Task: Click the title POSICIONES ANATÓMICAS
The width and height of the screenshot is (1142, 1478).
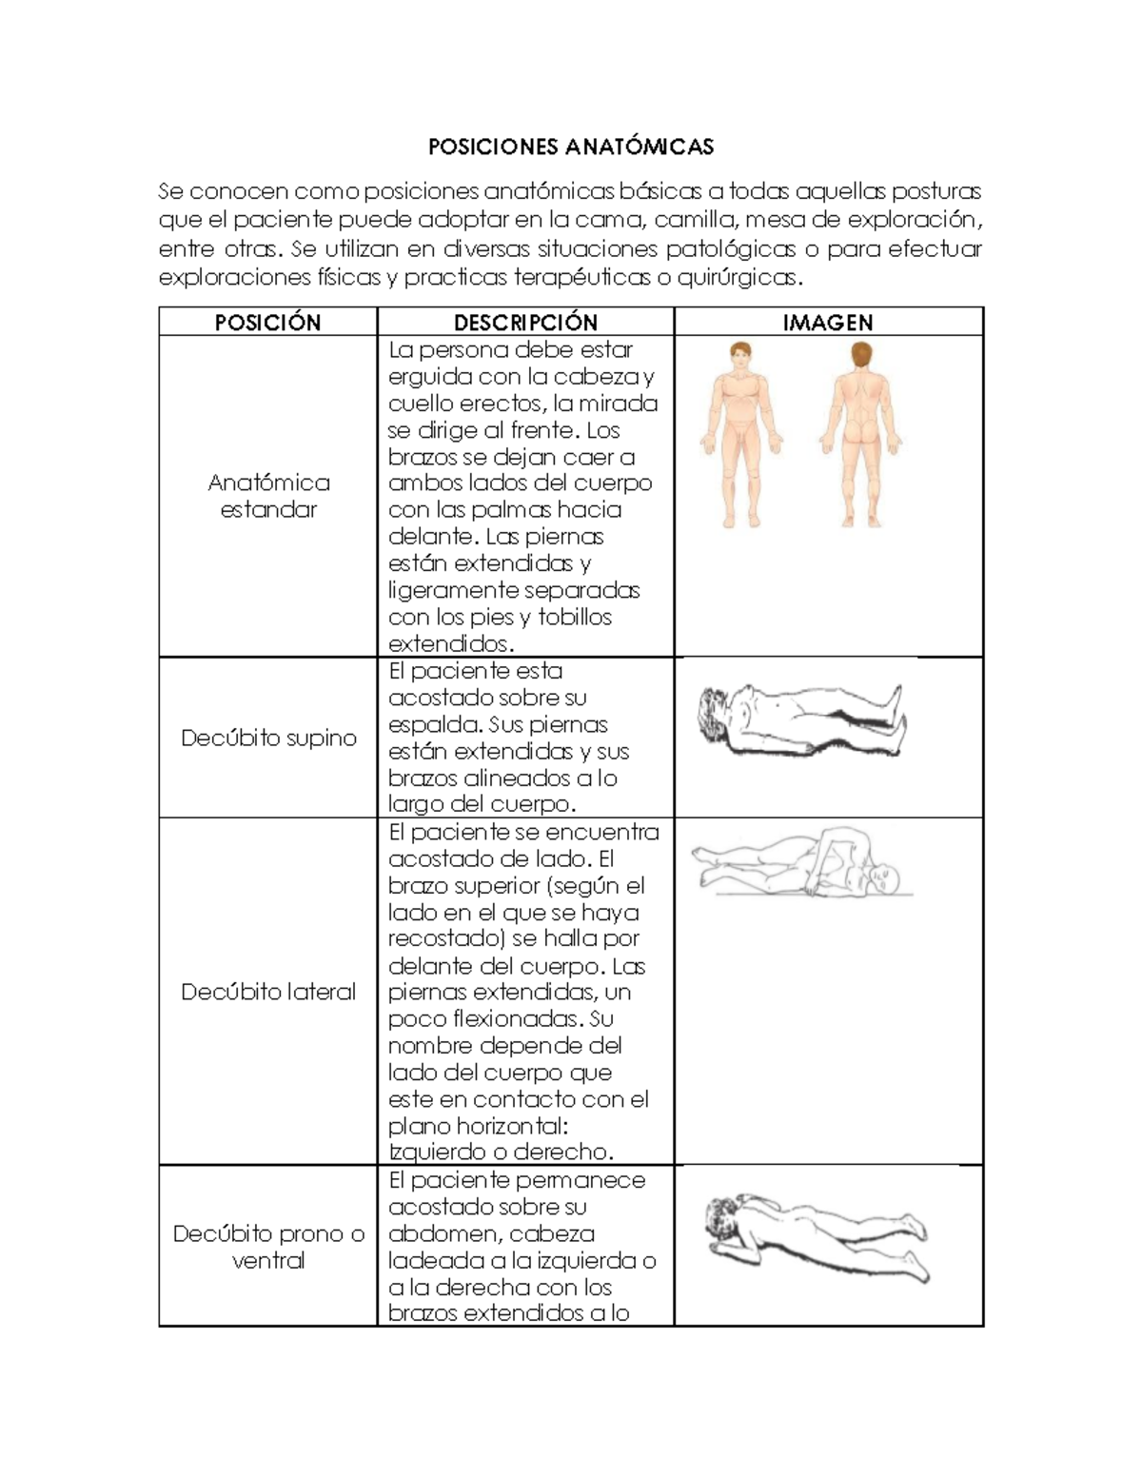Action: pyautogui.click(x=570, y=147)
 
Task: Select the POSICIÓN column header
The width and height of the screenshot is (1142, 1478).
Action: pyautogui.click(x=267, y=323)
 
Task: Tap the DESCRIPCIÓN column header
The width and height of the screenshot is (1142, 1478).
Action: pyautogui.click(x=525, y=323)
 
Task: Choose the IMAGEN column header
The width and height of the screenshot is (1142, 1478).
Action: pyautogui.click(x=827, y=323)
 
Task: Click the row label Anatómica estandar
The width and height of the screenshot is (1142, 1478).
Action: pyautogui.click(x=268, y=496)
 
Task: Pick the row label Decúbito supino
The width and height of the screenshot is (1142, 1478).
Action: pyautogui.click(x=268, y=738)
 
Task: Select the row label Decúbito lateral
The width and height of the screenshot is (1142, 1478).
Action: pyautogui.click(x=268, y=992)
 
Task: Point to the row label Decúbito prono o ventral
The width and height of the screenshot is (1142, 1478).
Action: pyautogui.click(x=268, y=1247)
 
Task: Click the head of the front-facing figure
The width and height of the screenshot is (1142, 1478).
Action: pyautogui.click(x=741, y=359)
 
